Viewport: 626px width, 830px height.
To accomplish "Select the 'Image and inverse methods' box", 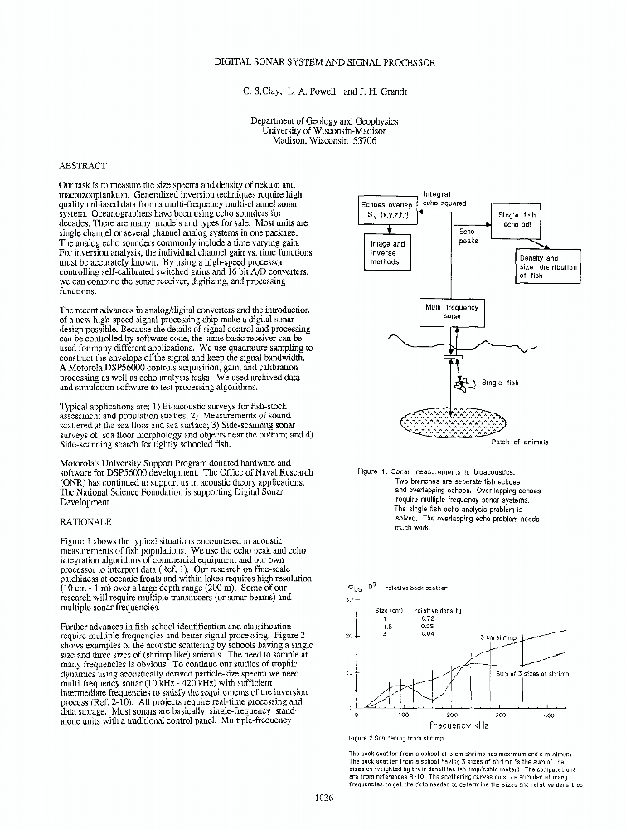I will tap(387, 252).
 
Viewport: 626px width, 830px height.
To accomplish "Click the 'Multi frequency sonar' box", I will tap(451, 311).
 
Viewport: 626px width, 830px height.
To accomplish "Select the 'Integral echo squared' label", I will tap(444, 198).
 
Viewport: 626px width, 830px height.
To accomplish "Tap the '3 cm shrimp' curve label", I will tap(498, 637).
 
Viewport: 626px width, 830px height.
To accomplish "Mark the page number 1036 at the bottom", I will tap(324, 798).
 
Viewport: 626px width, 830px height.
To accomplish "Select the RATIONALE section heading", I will tap(87, 524).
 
